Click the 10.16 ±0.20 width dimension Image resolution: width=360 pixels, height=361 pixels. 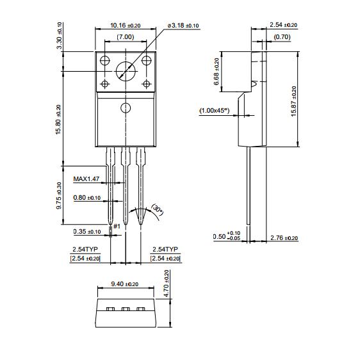coord(126,26)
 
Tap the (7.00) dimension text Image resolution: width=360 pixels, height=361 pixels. coord(126,37)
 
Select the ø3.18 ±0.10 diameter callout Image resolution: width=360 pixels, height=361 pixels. coord(183,26)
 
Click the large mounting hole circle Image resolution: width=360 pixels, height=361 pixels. coord(126,71)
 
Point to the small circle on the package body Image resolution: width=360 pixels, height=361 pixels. coord(126,108)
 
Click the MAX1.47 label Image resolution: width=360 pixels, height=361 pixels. coord(86,179)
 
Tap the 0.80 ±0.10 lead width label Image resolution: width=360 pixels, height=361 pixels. coord(87,198)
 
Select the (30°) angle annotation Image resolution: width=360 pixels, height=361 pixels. coord(157,210)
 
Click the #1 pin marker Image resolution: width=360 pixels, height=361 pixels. coord(117,227)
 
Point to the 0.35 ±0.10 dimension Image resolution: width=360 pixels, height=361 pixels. coord(87,232)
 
